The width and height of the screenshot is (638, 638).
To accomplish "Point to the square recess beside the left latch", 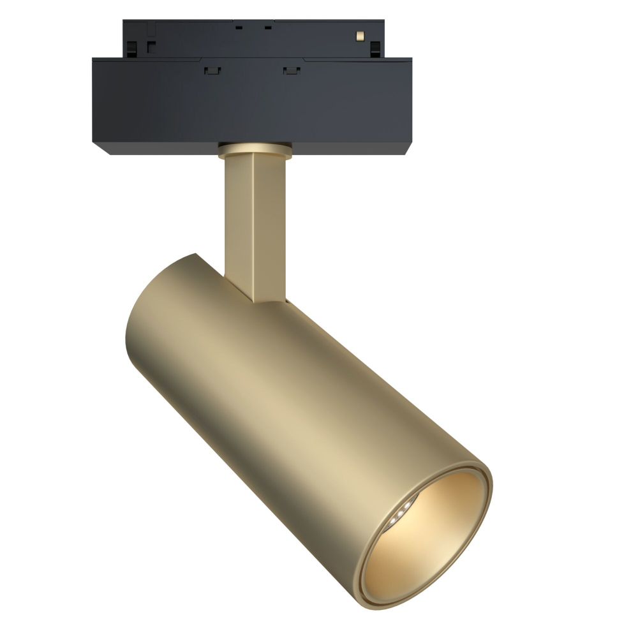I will [151, 46].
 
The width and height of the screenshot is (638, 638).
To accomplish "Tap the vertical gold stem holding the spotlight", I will [253, 223].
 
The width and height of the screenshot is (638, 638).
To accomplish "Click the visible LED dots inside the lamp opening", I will [400, 511].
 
